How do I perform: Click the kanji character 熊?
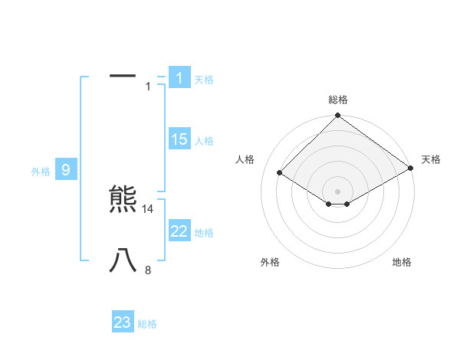coord(123,201)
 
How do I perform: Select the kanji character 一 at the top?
coord(123,77)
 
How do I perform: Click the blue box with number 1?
coord(179,77)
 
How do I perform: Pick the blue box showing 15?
coord(179,139)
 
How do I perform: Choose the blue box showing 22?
coord(179,231)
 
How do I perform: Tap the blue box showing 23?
coord(123,322)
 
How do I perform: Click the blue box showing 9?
coord(66,170)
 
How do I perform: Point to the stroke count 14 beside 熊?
coord(148,208)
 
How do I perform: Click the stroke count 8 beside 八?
coord(148,270)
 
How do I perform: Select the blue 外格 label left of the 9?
coord(41,172)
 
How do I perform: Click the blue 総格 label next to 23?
coord(147,324)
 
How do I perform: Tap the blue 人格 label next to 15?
coord(204,141)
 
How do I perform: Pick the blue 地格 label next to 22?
coord(204,233)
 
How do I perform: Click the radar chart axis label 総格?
coord(338,100)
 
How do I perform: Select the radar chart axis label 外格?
coord(270,262)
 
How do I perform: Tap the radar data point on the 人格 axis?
coord(280,173)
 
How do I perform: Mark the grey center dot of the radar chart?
coord(338,191)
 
